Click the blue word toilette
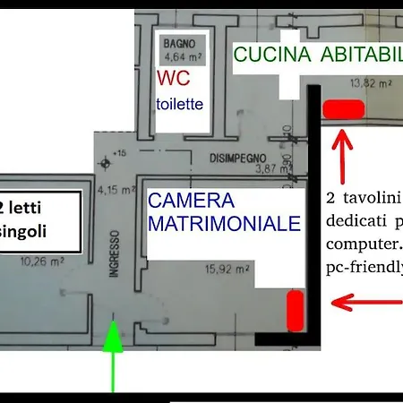(x=180, y=104)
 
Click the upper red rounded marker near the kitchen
(x=343, y=109)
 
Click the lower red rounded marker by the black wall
(x=294, y=310)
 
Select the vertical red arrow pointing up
(x=342, y=157)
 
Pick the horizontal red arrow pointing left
(x=367, y=303)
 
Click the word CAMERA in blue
(x=191, y=201)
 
